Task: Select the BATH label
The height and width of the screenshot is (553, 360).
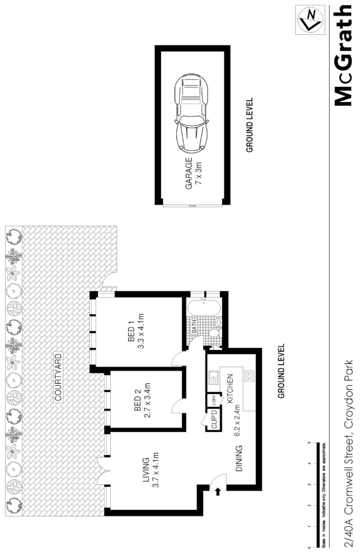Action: [x=195, y=327]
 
